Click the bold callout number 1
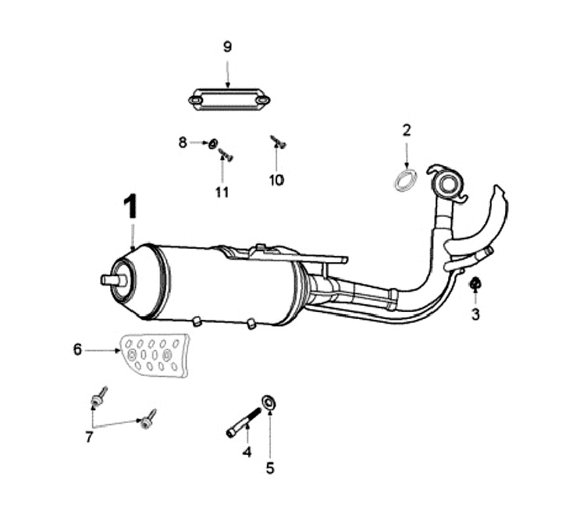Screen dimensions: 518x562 [130, 208]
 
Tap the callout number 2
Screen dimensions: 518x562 [406, 129]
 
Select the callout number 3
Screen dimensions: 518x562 [475, 315]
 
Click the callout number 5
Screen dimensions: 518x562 [270, 468]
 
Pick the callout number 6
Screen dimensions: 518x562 [77, 350]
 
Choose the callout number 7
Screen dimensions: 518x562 [89, 438]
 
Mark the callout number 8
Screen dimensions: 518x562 [183, 142]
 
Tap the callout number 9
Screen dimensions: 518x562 [227, 47]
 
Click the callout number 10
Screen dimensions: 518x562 [276, 180]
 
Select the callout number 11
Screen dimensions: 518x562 [222, 191]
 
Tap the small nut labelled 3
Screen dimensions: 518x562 [475, 284]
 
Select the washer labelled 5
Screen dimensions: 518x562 [269, 403]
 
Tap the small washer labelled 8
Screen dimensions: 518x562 [212, 144]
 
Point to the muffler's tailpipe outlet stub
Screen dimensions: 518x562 [110, 279]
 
